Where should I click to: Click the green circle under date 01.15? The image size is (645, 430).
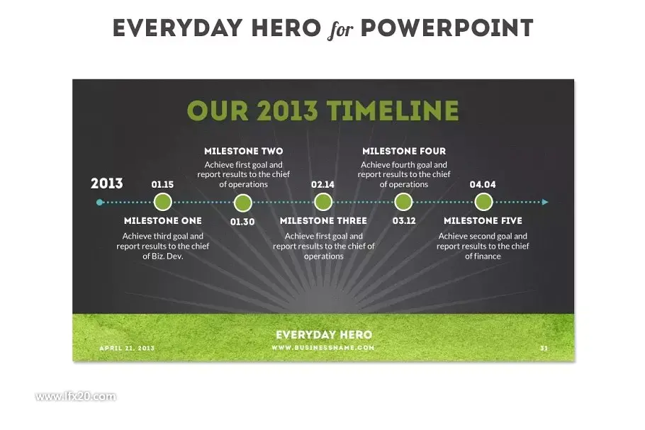[x=162, y=203]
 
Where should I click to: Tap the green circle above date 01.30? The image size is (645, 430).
[x=242, y=203]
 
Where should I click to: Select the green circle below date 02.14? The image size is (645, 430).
[x=323, y=203]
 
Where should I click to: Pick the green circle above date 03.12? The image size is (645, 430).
[x=403, y=203]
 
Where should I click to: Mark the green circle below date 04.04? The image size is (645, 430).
[x=483, y=203]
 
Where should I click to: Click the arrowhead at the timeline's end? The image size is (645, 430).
[x=546, y=203]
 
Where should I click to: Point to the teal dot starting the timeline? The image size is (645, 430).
[x=99, y=203]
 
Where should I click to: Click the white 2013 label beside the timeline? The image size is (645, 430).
[x=107, y=183]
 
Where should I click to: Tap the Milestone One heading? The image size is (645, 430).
[x=163, y=221]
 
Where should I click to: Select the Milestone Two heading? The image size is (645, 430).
[x=244, y=152]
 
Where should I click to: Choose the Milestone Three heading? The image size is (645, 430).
[x=323, y=221]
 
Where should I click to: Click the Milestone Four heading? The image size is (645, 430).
[x=404, y=152]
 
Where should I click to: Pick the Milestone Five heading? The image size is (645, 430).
[x=483, y=221]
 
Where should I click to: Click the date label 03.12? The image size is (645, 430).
[x=404, y=221]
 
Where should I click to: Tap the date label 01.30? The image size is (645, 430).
[x=242, y=222]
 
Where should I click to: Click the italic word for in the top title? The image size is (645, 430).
[x=340, y=30]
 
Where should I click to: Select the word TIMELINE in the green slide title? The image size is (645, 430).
[x=393, y=111]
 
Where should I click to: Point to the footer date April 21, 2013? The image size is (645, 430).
[x=127, y=349]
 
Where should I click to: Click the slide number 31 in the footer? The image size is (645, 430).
[x=544, y=349]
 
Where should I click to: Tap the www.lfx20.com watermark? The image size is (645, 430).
[x=76, y=397]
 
